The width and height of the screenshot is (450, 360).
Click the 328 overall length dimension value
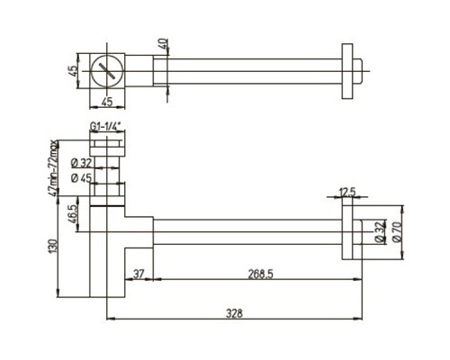(234, 313)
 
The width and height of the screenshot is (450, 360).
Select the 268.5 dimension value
(260, 274)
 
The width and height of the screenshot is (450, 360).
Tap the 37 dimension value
(139, 274)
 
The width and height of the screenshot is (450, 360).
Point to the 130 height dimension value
(52, 246)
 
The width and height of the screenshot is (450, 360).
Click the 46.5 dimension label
(73, 213)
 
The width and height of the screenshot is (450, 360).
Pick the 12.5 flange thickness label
(347, 192)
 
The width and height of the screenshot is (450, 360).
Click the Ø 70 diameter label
(397, 231)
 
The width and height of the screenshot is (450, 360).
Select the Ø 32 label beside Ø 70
(381, 231)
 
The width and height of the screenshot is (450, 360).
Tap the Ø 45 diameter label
(81, 178)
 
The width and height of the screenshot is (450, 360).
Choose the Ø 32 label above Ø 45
(81, 164)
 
